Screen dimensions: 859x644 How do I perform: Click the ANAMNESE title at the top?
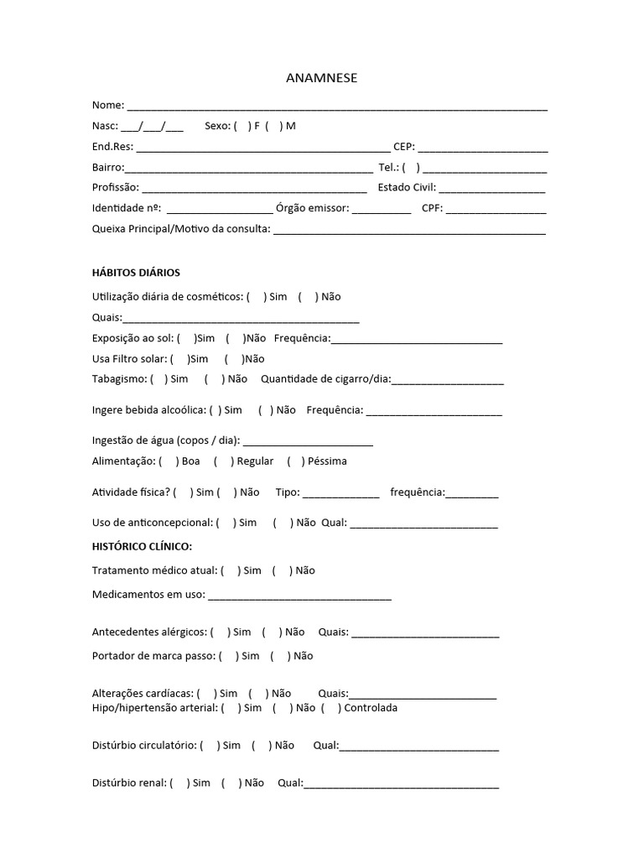(x=322, y=78)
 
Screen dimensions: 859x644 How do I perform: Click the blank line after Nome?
(x=336, y=107)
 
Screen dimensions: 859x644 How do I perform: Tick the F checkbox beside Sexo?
(x=242, y=126)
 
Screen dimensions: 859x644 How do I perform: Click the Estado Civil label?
(x=406, y=187)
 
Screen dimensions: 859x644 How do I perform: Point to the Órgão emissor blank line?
(x=382, y=210)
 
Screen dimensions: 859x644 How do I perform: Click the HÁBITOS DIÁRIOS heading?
(x=136, y=273)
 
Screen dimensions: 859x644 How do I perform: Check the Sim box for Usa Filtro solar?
(x=179, y=359)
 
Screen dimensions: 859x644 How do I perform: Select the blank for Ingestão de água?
(x=308, y=442)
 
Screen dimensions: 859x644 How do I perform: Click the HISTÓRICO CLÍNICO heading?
(x=142, y=547)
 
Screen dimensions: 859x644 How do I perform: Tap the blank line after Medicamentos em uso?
(x=299, y=597)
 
